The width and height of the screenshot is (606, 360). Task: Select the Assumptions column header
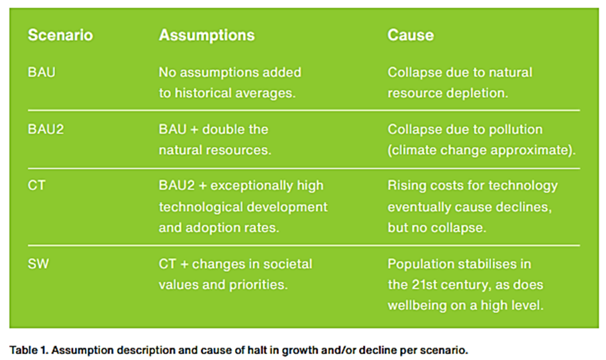pyautogui.click(x=207, y=35)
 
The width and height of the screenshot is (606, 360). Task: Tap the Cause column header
pyautogui.click(x=410, y=35)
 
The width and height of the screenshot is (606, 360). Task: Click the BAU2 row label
pyautogui.click(x=45, y=130)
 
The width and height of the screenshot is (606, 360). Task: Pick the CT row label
pyautogui.click(x=36, y=186)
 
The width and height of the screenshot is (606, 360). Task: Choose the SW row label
pyautogui.click(x=38, y=264)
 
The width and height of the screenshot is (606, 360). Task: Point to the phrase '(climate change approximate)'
pyautogui.click(x=481, y=150)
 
